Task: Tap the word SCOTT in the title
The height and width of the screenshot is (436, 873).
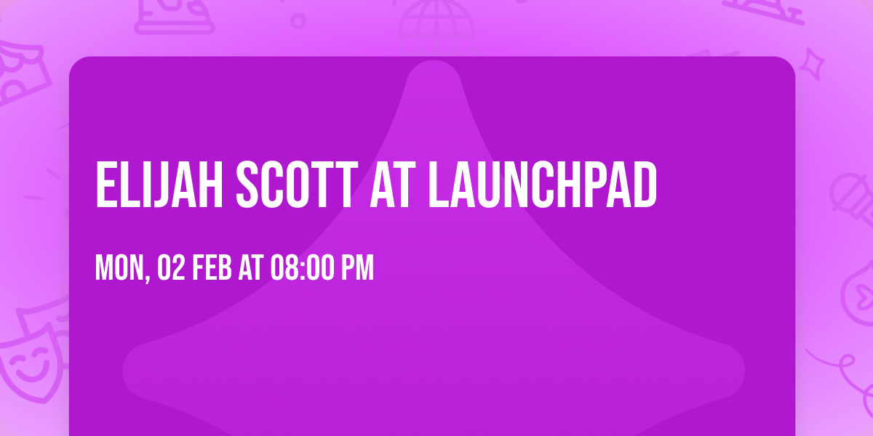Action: coord(288,185)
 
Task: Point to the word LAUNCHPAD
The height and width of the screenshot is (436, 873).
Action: coord(543,185)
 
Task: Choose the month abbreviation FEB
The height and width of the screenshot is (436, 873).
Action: coord(212,268)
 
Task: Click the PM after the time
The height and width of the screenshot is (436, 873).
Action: coord(359,268)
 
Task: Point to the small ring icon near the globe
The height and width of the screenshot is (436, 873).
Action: coord(298,20)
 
